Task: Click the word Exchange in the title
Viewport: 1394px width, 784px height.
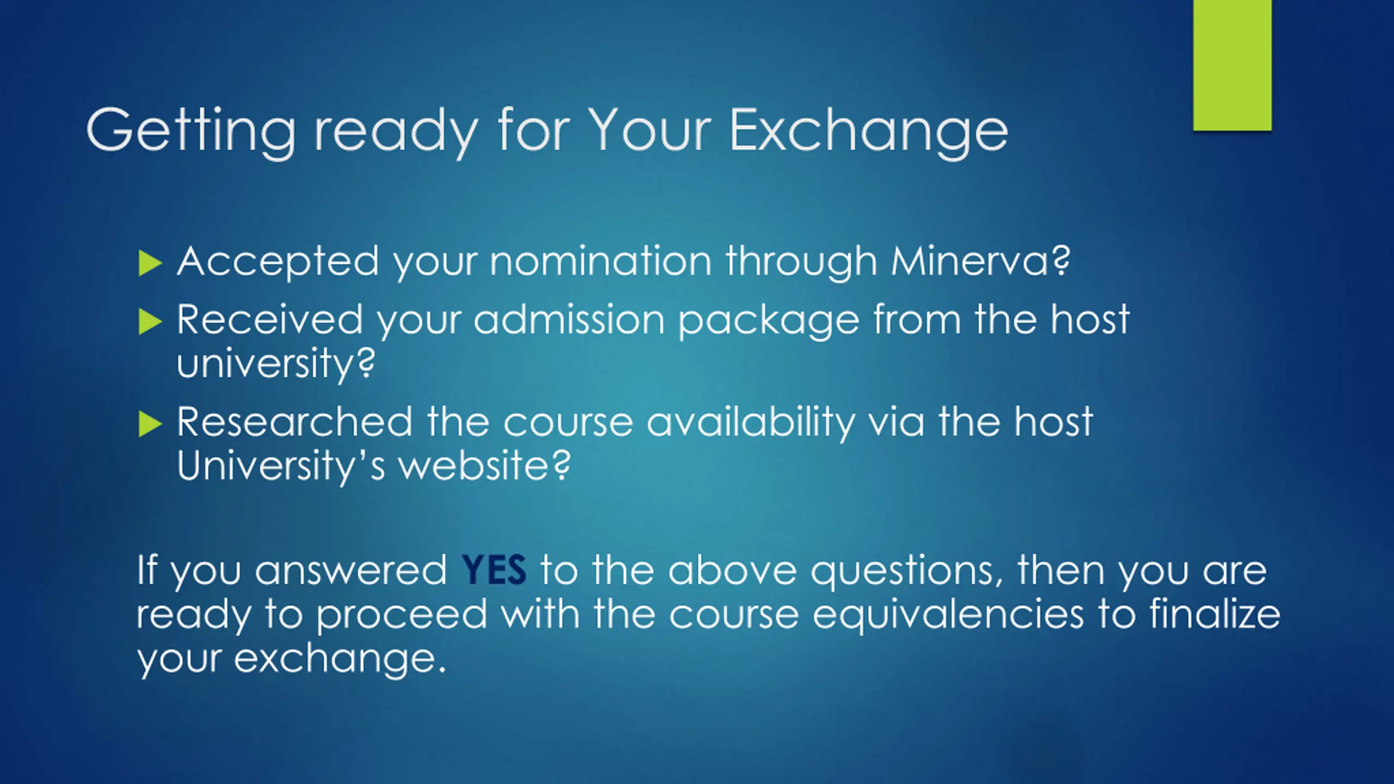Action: coord(869,131)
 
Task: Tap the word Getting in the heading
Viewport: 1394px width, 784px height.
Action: coord(191,131)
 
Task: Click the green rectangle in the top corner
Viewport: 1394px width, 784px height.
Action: coord(1232,65)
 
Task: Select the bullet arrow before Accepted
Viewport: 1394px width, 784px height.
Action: coord(150,263)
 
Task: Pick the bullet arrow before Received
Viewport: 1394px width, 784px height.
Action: coord(150,321)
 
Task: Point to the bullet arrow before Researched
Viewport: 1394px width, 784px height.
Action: coord(150,424)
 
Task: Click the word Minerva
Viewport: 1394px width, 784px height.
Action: coord(980,261)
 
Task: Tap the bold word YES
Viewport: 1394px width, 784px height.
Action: coord(494,569)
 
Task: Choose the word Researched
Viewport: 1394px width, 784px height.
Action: coord(295,422)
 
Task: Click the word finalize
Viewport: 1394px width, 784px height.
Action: coord(1215,613)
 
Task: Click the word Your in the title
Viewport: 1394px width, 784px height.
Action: coord(651,131)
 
